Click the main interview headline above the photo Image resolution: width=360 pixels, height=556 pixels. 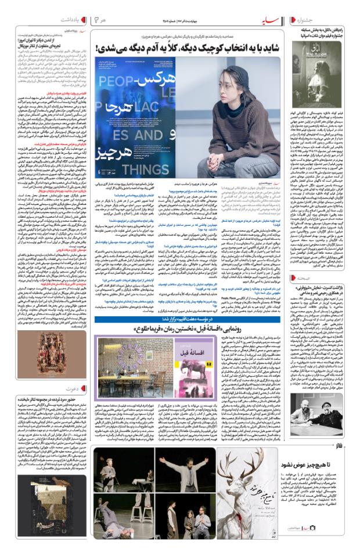190,46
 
